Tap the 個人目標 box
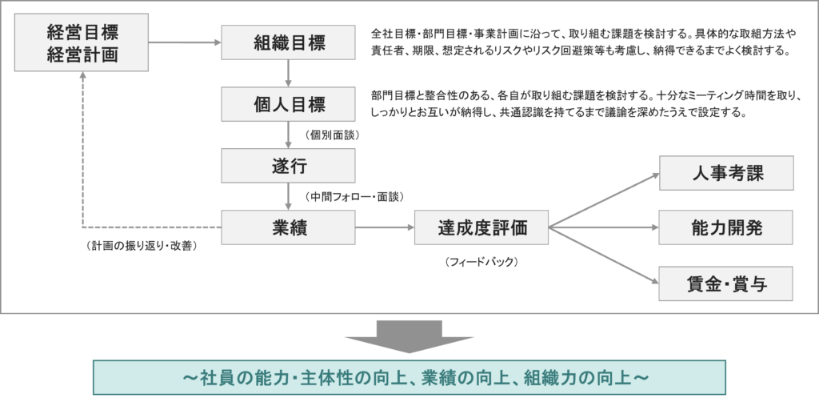click(287, 104)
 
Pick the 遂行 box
click(287, 167)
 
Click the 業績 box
click(287, 228)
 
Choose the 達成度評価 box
click(482, 228)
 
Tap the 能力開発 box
click(725, 227)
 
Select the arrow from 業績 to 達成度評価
click(383, 228)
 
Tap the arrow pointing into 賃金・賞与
click(608, 256)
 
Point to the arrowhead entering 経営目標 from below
click(82, 75)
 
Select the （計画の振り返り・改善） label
click(142, 245)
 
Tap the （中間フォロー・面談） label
click(354, 196)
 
